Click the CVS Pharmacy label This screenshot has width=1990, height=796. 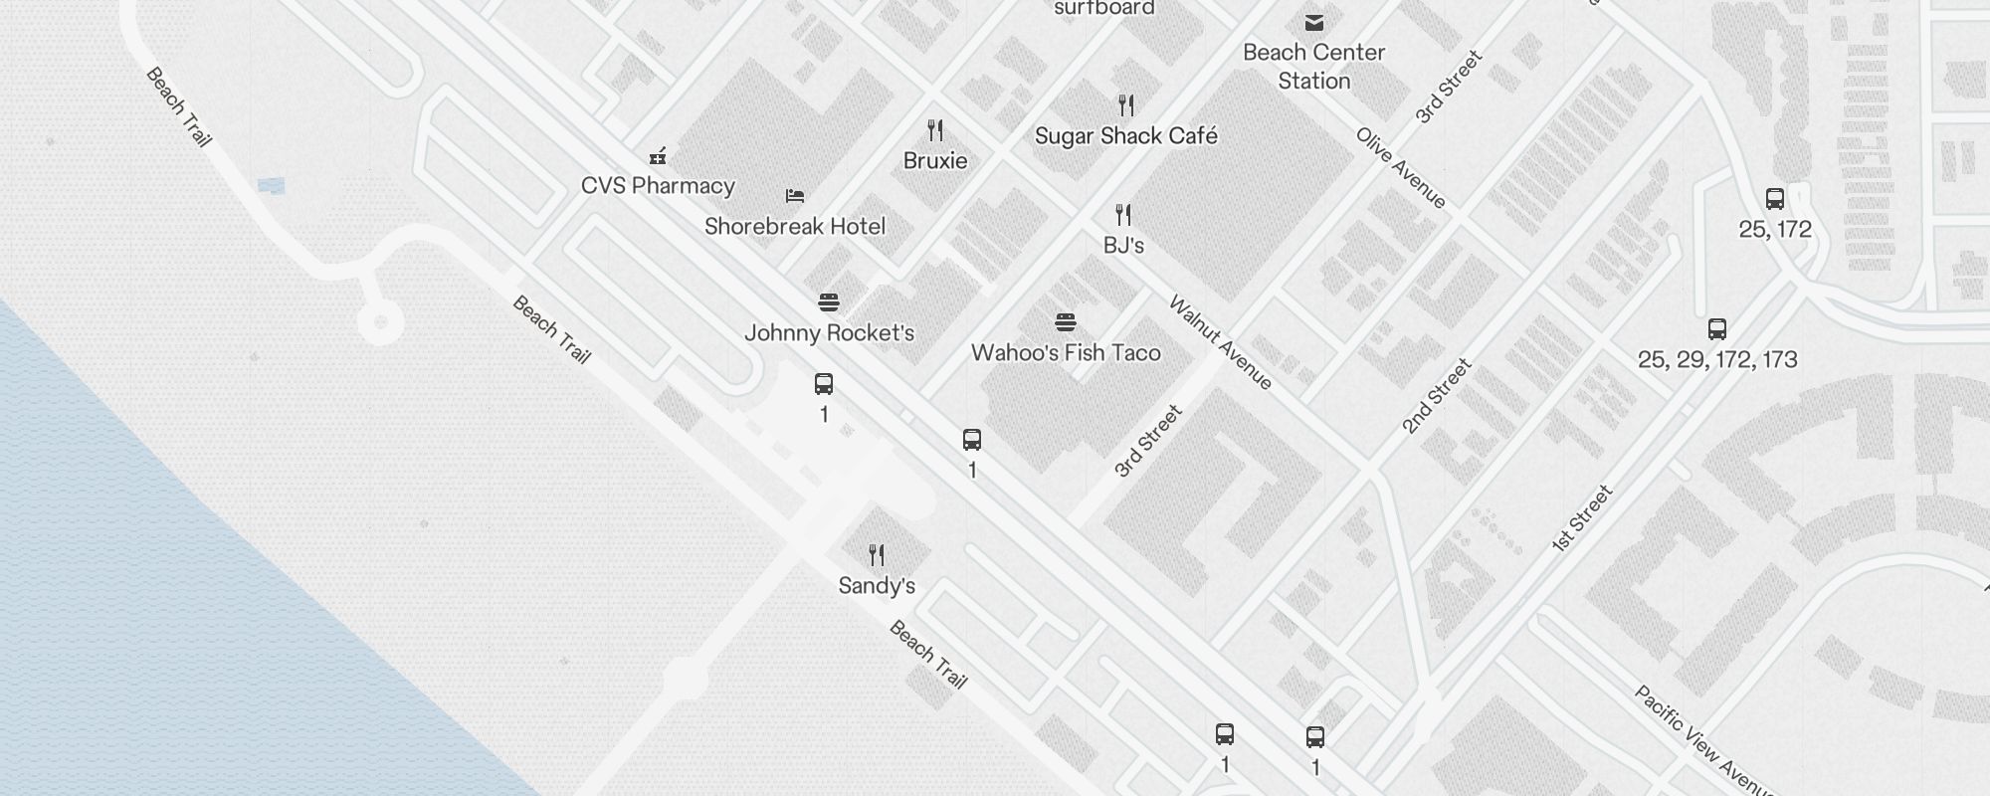[x=658, y=186]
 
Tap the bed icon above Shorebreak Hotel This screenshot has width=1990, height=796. [x=794, y=196]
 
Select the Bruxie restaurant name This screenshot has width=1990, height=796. [x=935, y=161]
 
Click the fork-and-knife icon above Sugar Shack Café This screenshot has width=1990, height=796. [x=1126, y=105]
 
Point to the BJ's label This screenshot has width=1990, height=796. [x=1123, y=246]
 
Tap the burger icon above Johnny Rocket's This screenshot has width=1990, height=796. [x=829, y=302]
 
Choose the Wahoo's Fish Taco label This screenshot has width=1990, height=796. [x=1066, y=353]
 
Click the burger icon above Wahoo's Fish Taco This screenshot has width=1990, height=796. [x=1066, y=322]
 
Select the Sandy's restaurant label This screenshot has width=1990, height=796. [x=877, y=586]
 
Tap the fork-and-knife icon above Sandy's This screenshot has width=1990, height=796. [x=877, y=554]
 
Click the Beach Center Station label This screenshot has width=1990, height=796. [x=1313, y=67]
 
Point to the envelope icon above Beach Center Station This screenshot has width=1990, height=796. [x=1314, y=22]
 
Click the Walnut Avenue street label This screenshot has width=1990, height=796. [x=1220, y=342]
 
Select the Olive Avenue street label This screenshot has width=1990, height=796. [x=1401, y=168]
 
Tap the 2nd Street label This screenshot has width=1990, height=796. [x=1436, y=397]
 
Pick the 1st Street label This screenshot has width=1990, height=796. [x=1582, y=518]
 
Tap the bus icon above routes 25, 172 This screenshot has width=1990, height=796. [x=1775, y=199]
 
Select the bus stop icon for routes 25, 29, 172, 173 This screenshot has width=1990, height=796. [x=1717, y=329]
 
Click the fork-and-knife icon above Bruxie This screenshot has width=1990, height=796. [x=935, y=130]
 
